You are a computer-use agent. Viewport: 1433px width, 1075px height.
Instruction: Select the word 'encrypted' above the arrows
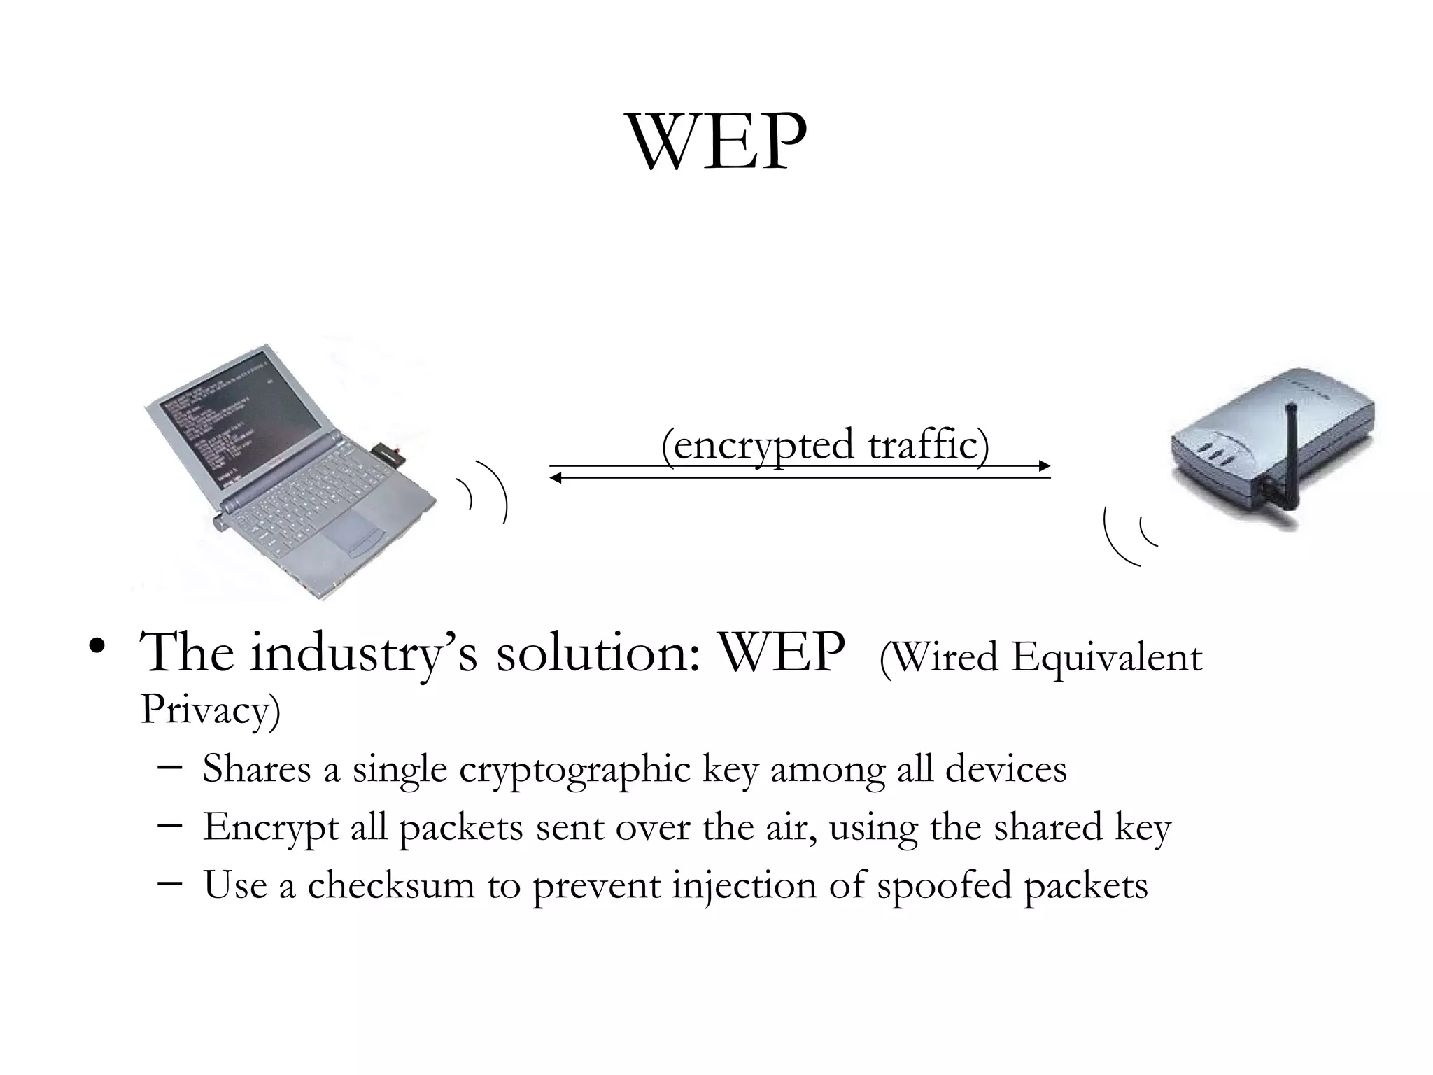tap(758, 445)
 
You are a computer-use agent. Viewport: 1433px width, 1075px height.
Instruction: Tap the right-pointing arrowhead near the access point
tap(1044, 466)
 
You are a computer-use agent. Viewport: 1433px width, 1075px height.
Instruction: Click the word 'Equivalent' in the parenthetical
tap(1106, 659)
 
